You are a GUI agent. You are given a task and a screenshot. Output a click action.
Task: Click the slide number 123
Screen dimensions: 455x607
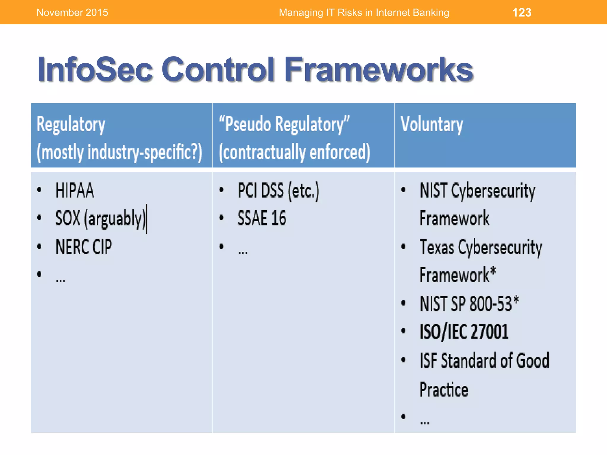tap(522, 12)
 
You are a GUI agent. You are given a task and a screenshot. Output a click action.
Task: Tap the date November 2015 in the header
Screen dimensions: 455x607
tap(72, 12)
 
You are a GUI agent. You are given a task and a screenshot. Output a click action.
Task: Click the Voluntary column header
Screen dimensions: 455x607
tap(432, 124)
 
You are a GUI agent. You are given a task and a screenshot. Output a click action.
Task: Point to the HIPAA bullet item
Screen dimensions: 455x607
tap(75, 190)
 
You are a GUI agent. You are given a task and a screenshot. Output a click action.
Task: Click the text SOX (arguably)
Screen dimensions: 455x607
tap(101, 219)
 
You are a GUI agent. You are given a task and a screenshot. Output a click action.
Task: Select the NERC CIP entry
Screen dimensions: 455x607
tap(84, 247)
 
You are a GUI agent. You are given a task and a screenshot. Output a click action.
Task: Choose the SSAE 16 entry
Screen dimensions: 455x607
tap(262, 219)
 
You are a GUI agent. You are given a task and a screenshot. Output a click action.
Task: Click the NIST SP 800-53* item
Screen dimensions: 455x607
tap(469, 304)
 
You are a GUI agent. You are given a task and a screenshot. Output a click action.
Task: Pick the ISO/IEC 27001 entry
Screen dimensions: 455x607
tap(464, 332)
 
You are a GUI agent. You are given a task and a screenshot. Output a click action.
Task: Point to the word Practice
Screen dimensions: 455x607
tap(444, 390)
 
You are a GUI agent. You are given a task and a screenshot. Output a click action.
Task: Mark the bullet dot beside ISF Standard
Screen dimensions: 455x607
tap(403, 360)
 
